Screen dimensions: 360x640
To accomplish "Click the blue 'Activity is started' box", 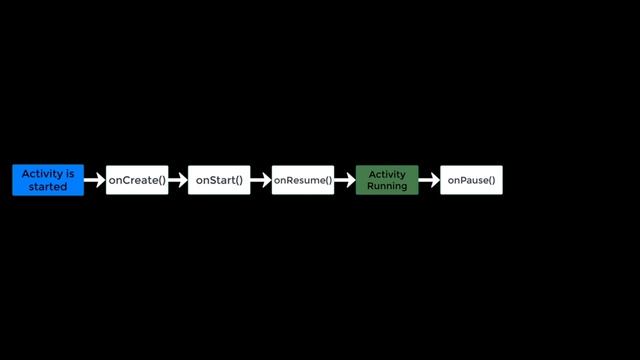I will tap(48, 180).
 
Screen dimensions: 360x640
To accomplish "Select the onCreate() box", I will tap(137, 180).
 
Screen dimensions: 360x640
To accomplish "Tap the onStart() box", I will tap(219, 180).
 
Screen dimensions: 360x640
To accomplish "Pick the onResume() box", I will tap(303, 180).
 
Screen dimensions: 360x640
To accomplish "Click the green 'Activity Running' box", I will tap(387, 180).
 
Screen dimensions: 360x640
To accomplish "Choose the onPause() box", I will tap(471, 180).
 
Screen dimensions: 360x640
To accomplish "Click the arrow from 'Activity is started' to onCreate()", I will tap(95, 180).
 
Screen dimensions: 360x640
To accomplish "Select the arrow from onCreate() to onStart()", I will tap(178, 180).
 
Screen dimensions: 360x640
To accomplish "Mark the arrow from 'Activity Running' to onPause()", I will tap(429, 180).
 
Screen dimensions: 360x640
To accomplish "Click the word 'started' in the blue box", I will tap(48, 187).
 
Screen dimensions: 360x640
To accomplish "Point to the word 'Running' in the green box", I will tap(387, 187).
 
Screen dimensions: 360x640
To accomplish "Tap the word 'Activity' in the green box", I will tap(387, 174).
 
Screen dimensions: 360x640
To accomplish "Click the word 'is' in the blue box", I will tap(69, 174).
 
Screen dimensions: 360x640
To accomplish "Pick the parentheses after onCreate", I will tap(159, 180).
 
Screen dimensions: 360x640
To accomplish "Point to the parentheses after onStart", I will tap(238, 180).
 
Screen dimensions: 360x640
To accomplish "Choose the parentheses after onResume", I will tap(326, 180).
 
